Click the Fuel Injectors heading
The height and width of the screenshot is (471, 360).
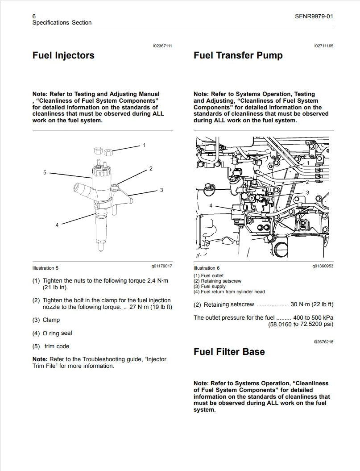63,56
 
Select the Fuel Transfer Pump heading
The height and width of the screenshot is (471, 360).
238,56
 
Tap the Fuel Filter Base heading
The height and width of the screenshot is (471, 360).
229,352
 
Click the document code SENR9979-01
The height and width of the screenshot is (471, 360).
314,17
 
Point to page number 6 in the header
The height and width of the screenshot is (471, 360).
34,17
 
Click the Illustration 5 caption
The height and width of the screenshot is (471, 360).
46,268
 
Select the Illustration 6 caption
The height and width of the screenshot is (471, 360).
207,268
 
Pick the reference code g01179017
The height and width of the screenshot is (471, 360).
162,267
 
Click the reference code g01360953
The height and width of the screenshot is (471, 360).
323,267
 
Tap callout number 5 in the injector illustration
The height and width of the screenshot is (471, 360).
45,172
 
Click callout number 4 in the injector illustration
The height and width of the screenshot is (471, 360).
57,225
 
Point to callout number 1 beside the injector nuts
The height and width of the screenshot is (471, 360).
144,145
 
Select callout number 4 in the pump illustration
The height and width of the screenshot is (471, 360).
211,206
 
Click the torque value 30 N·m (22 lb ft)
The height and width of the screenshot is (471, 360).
312,304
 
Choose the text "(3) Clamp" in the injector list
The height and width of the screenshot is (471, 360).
46,320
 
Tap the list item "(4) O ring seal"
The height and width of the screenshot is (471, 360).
52,333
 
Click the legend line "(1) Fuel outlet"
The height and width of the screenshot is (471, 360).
208,276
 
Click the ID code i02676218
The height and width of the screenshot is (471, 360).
323,342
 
